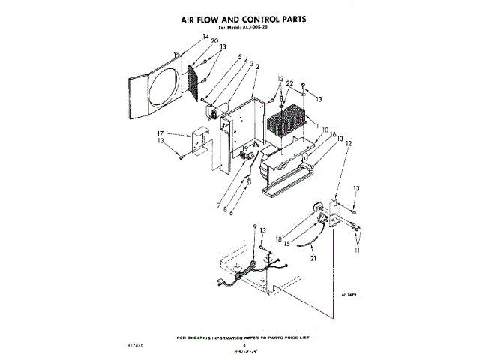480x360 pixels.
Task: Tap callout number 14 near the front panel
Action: (184, 37)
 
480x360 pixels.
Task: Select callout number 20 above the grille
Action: (194, 41)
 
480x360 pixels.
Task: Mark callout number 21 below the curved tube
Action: (314, 258)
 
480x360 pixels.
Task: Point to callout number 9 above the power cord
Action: (254, 225)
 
